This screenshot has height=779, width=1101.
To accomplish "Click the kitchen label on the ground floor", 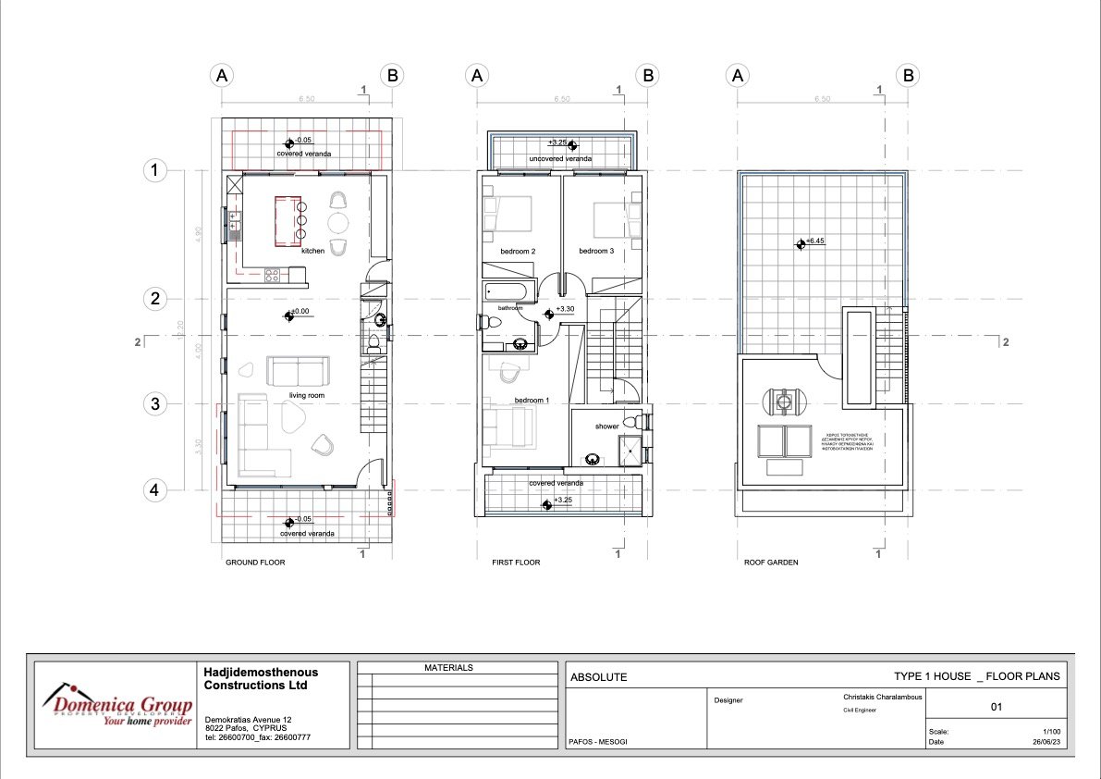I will click(x=312, y=251).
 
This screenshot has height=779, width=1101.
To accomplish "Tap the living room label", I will click(x=306, y=396).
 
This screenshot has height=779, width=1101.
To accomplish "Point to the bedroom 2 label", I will click(x=519, y=251).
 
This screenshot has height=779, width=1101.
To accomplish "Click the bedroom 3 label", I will click(x=596, y=251).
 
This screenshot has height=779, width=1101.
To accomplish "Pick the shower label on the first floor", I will click(x=607, y=427).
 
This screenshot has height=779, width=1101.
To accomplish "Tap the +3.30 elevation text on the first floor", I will click(x=567, y=309).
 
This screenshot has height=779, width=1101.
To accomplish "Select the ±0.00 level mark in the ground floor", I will click(x=300, y=312).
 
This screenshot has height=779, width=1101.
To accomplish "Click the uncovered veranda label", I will click(x=560, y=159).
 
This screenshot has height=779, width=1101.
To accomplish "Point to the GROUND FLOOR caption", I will click(x=255, y=563).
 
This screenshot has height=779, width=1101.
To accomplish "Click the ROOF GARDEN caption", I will click(x=771, y=563).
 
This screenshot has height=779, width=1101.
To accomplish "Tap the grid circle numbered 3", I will click(x=156, y=404).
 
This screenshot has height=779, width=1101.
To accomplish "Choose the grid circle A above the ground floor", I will click(x=221, y=76).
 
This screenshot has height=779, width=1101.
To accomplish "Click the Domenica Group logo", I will click(x=116, y=706).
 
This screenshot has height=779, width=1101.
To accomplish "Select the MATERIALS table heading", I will click(x=448, y=667).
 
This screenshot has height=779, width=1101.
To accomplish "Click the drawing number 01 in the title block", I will click(x=997, y=708).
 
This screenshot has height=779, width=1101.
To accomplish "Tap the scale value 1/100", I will click(x=1052, y=731).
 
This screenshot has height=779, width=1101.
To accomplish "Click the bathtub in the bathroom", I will click(x=504, y=294).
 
